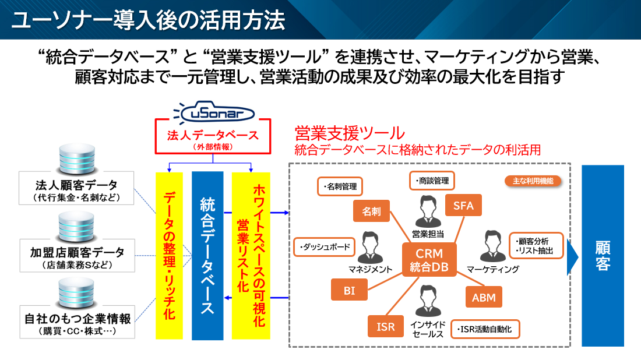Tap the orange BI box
coord(349,290)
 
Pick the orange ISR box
coord(386,327)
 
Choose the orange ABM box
coord(484,298)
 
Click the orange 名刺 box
coord(371,211)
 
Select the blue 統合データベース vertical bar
coord(207,255)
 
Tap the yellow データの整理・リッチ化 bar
coord(170,255)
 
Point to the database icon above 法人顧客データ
coord(75,156)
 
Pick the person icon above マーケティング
coord(492,247)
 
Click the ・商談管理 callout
coord(432,181)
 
